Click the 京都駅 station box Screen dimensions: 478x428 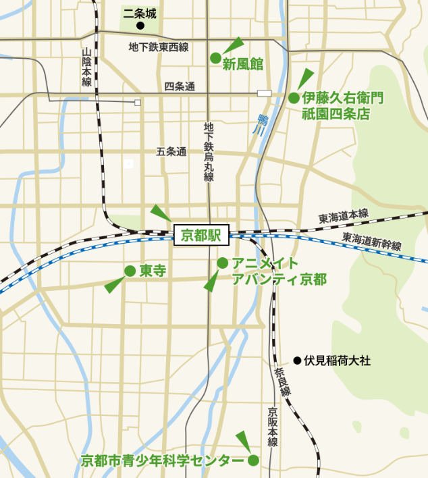click(x=202, y=236)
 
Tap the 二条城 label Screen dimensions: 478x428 click(x=140, y=12)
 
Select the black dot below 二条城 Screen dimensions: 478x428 click(x=140, y=26)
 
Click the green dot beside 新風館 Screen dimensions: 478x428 click(x=215, y=58)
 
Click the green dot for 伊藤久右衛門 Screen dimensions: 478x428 click(x=294, y=98)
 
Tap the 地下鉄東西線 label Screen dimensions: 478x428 click(x=158, y=47)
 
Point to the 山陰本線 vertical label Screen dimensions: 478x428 click(x=86, y=67)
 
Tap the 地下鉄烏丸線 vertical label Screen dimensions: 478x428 click(x=209, y=152)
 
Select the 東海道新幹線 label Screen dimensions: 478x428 click(x=371, y=241)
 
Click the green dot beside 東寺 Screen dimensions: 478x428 click(x=130, y=271)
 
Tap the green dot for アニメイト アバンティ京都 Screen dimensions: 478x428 click(x=222, y=262)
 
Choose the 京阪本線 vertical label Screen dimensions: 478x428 click(x=272, y=427)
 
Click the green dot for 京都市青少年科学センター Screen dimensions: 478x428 click(x=253, y=461)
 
